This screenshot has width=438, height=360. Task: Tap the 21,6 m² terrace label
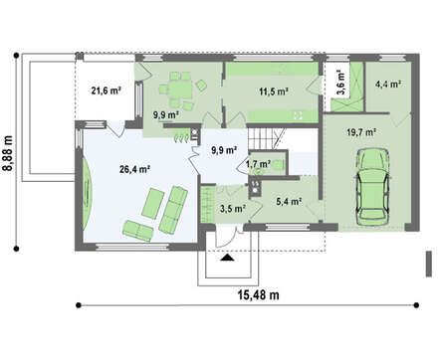pos(106,90)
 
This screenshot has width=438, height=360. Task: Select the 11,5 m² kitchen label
pos(274,91)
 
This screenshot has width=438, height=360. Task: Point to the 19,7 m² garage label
pos(361,132)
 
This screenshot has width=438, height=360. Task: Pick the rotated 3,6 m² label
pos(341,83)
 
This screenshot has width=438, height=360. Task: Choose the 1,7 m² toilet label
pos(258,163)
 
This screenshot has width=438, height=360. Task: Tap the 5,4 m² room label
pos(289,201)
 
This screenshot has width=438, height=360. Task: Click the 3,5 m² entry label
pos(233,209)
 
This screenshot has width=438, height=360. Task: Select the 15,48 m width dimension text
pos(259,294)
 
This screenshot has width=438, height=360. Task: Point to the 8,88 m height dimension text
pos(8,153)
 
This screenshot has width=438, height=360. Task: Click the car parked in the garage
pos(372,186)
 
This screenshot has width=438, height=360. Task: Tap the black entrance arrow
pos(227,258)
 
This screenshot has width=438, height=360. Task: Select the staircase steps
pos(261,138)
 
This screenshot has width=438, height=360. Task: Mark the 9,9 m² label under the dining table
pos(166,115)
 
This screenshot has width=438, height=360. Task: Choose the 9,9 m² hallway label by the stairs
pos(224,150)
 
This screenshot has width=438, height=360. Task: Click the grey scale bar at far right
pos(429,264)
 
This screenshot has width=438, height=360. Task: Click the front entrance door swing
pos(225,236)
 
